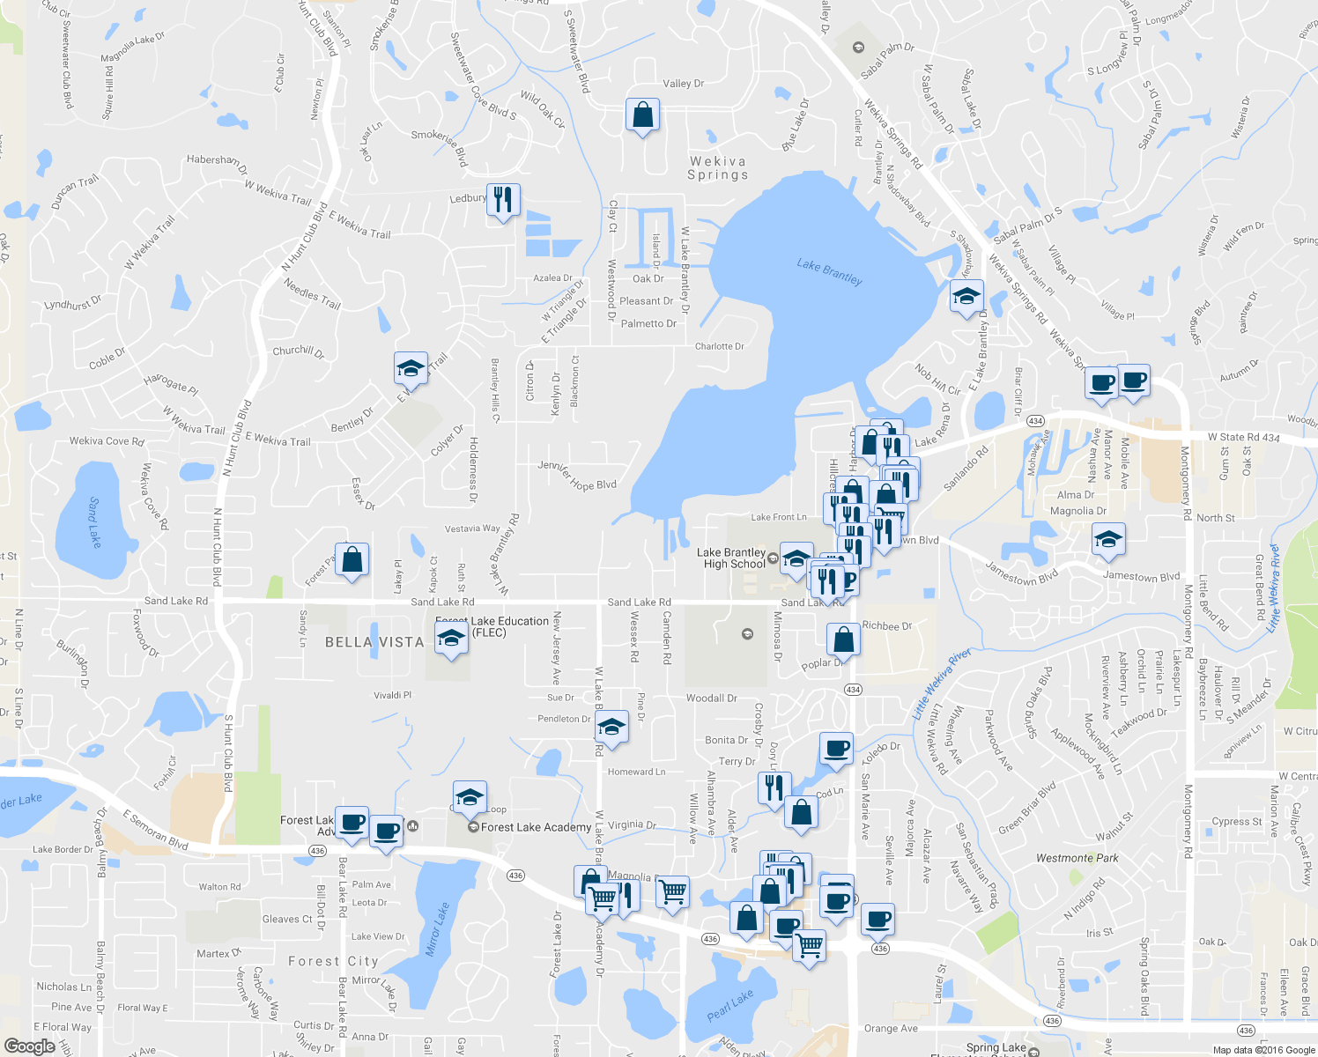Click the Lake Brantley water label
point(829,271)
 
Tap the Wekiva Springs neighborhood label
point(717,167)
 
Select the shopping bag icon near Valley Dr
point(642,115)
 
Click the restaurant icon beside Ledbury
point(502,200)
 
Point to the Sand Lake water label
point(94,521)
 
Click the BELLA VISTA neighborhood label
point(374,642)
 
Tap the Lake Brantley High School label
point(731,558)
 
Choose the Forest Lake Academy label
point(536,827)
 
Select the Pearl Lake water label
point(730,1005)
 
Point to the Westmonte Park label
point(1077,858)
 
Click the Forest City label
point(333,961)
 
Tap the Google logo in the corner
point(29,1046)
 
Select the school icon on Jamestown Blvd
point(1107,540)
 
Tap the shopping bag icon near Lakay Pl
point(352,560)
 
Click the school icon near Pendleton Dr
point(611,728)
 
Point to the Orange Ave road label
point(891,1028)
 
